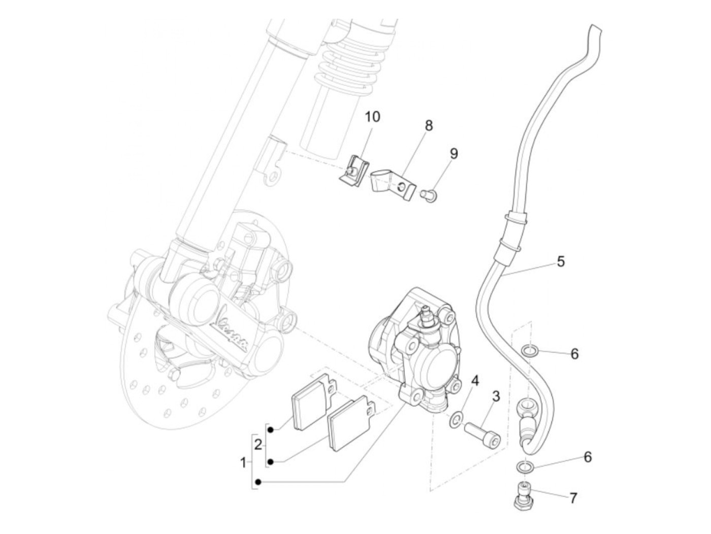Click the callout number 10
click(372, 117)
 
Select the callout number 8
click(429, 125)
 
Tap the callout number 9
click(454, 153)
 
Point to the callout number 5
click(561, 262)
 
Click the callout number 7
click(573, 498)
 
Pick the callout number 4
click(475, 380)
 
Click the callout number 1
click(243, 462)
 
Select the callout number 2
click(258, 445)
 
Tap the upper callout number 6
click(574, 353)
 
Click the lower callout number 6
click(588, 457)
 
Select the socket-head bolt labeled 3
click(482, 435)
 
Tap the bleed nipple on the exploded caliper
click(427, 318)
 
